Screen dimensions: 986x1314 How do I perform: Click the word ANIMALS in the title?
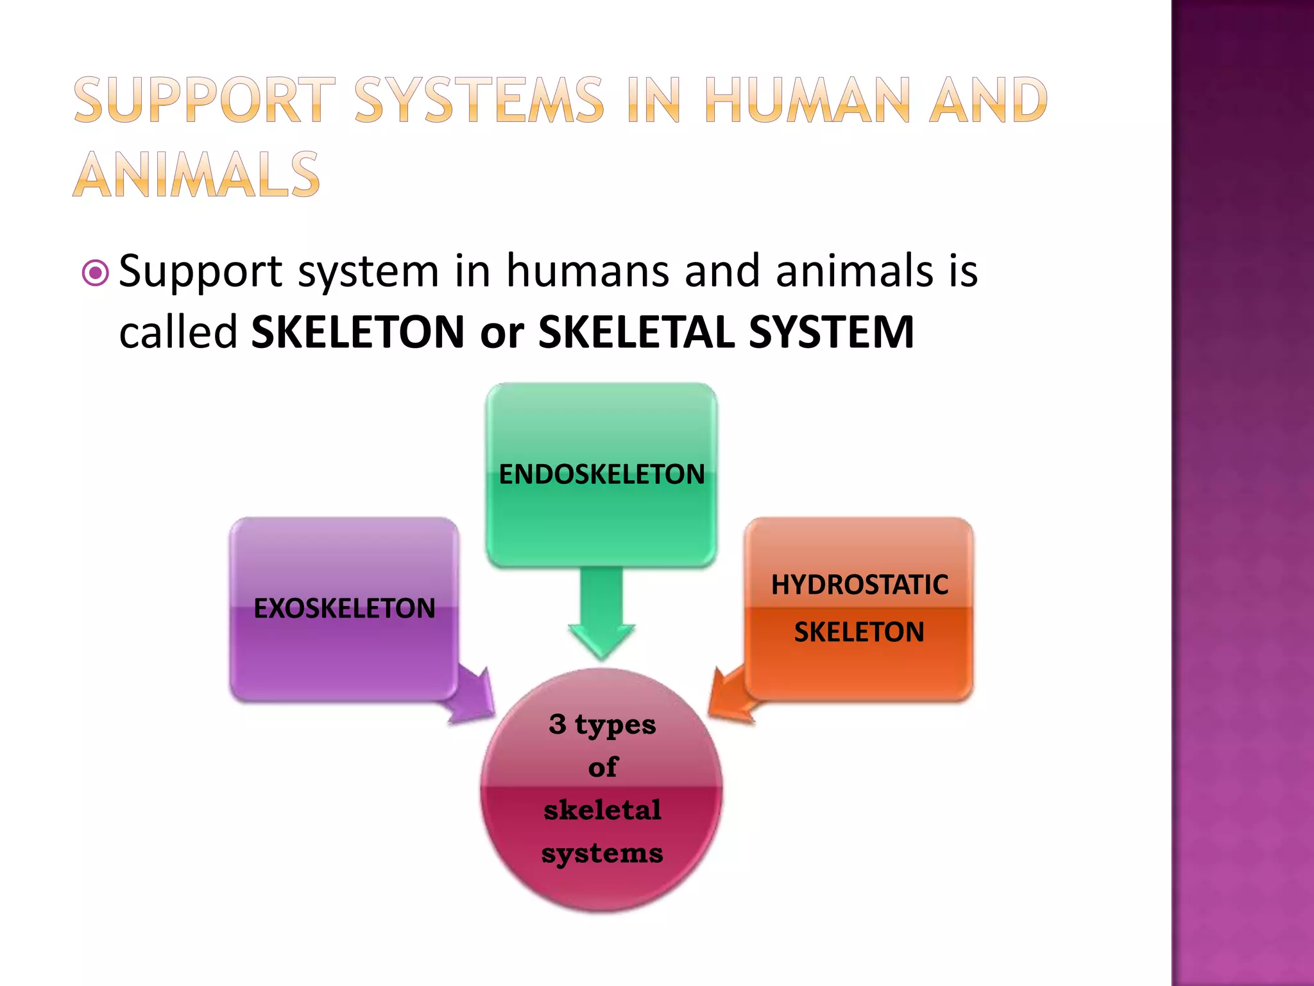point(196,175)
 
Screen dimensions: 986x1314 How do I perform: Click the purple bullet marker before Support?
point(96,273)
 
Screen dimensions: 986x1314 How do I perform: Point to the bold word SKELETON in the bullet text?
point(357,332)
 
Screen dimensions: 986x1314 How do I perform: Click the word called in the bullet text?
point(178,332)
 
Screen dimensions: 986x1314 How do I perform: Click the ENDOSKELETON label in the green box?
point(601,474)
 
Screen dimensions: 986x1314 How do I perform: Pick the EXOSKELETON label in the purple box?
point(344,609)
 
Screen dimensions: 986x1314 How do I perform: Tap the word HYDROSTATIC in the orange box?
point(859,585)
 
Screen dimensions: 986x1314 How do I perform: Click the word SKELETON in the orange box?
point(859,632)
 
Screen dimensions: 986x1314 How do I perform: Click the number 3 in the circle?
point(558,724)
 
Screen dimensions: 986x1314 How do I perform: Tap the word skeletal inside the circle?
point(602,810)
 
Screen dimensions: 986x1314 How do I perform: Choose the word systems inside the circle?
point(602,854)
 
